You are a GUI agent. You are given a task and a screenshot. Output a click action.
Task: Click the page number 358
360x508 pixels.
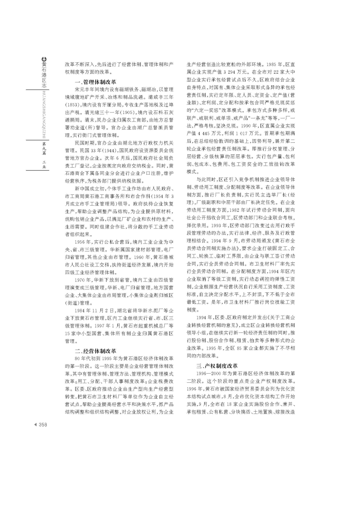pyautogui.click(x=43, y=425)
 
